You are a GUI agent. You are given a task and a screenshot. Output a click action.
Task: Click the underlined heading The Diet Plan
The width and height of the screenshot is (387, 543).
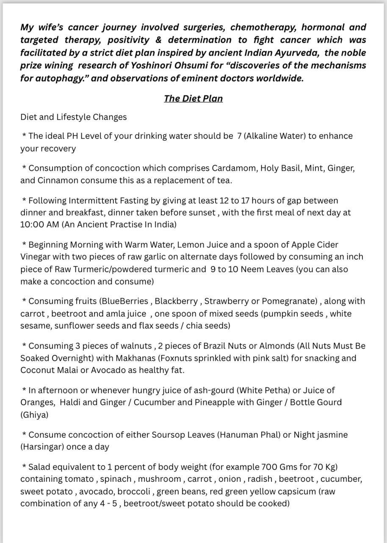pyautogui.click(x=193, y=98)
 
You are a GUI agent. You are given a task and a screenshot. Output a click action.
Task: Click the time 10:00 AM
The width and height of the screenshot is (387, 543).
pyautogui.click(x=40, y=224)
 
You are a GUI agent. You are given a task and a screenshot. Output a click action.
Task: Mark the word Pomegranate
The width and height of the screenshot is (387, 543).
pyautogui.click(x=289, y=301)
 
